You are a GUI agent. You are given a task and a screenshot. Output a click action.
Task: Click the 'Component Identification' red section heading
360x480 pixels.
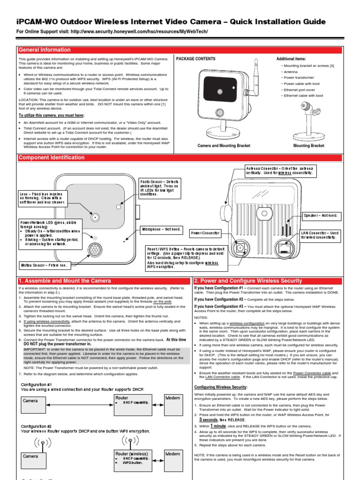click(x=52, y=157)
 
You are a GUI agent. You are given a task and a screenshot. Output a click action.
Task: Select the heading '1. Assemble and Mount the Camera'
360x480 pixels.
click(x=65, y=281)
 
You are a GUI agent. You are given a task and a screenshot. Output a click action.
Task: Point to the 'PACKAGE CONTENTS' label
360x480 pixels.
click(x=195, y=59)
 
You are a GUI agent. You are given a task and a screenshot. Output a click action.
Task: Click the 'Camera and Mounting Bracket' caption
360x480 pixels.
click(x=224, y=146)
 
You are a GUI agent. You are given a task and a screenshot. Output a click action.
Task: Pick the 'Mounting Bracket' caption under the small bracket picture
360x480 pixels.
click(x=308, y=146)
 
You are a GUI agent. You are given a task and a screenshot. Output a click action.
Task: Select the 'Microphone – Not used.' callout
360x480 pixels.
click(x=161, y=229)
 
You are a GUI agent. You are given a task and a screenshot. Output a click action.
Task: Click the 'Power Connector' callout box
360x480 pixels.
click(x=205, y=232)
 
